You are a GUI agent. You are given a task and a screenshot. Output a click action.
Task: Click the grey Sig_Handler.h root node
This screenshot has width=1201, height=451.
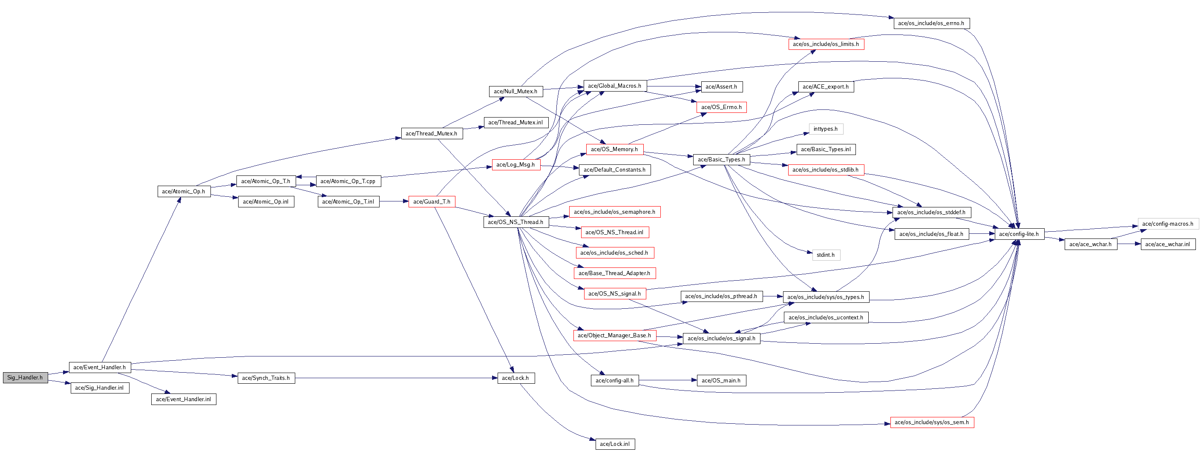[x=25, y=377]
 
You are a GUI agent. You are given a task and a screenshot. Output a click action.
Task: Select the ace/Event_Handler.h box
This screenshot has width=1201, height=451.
[x=100, y=367]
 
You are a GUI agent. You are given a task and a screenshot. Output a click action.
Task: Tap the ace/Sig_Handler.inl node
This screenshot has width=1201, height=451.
[x=100, y=388]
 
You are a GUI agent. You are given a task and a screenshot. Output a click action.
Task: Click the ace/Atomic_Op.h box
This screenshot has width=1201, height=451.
[x=184, y=191]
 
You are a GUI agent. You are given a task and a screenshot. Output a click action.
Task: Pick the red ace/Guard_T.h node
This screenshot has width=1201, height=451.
[x=432, y=201]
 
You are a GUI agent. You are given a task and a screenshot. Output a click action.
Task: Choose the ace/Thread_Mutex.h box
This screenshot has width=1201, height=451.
[x=432, y=133]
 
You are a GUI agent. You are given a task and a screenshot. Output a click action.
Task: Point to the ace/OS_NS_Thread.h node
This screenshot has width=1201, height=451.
[x=516, y=222]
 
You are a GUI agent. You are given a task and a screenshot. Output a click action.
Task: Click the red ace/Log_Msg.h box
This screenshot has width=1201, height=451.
[x=516, y=164]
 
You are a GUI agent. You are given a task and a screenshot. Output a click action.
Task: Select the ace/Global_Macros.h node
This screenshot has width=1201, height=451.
[x=614, y=86]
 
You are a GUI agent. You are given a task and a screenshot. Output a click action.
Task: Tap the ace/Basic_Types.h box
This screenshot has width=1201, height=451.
[x=721, y=159]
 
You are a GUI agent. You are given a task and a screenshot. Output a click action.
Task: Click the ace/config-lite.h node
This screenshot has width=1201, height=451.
[x=1019, y=234]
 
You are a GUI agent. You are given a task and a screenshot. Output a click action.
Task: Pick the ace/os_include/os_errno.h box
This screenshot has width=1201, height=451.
[x=931, y=23]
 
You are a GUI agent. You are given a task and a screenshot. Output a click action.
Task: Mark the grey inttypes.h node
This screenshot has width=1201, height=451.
[x=826, y=129]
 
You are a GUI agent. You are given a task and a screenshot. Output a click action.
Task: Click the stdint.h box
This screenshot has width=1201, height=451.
[x=826, y=255]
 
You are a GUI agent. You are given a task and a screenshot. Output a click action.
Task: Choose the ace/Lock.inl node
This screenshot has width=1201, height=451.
[x=614, y=444]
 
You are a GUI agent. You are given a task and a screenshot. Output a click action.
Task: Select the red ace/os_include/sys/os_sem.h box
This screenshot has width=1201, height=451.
[x=931, y=422]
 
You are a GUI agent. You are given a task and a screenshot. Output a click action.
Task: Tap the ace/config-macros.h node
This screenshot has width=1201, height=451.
[x=1168, y=224]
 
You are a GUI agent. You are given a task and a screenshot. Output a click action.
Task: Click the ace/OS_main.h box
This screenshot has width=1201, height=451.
[x=721, y=380]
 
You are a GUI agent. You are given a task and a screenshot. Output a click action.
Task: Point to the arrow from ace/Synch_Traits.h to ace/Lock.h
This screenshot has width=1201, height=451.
[x=396, y=378]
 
